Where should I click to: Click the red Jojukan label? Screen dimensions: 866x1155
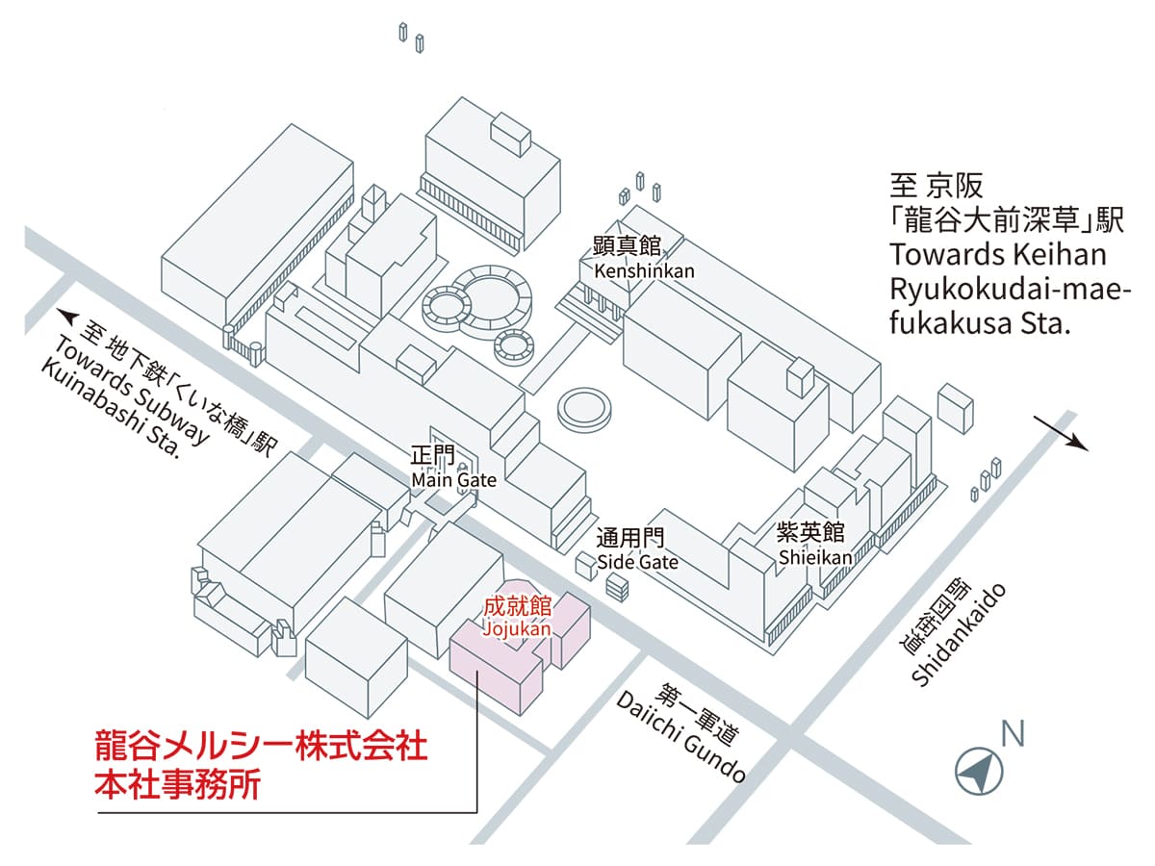517,617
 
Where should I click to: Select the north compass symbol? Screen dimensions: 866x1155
979,770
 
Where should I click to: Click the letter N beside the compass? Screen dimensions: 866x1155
1013,734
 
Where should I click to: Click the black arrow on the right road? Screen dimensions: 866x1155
1065,435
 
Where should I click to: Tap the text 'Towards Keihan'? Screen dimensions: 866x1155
998,255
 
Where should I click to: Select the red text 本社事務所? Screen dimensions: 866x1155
177,785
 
